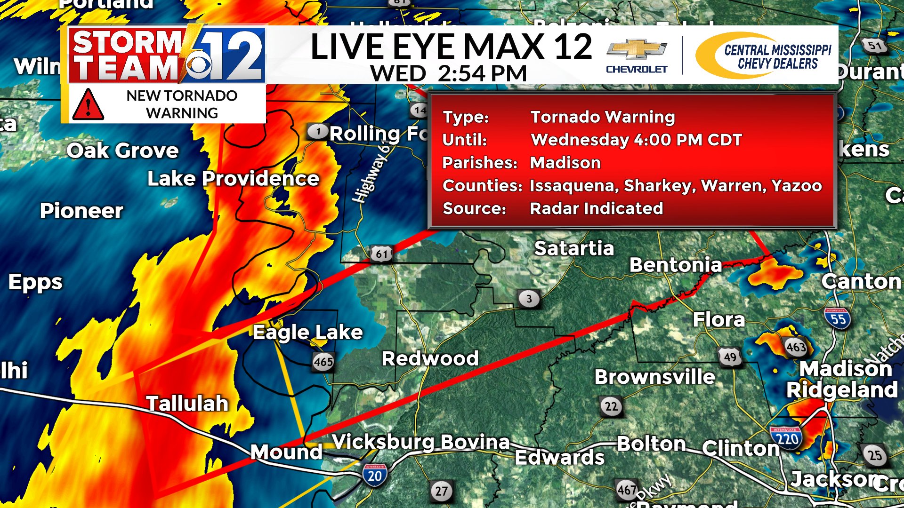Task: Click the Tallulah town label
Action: (187, 404)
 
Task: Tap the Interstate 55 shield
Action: (838, 318)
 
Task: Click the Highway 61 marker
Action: (381, 254)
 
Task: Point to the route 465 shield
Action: (323, 362)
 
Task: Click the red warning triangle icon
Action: (88, 104)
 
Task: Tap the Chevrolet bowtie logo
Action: (637, 49)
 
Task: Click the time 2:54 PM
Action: (482, 73)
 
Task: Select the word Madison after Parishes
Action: (565, 163)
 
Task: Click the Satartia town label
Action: (574, 248)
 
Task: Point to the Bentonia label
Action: (675, 265)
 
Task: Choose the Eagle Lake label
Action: (308, 332)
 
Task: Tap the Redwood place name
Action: (430, 358)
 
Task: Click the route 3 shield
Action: (529, 299)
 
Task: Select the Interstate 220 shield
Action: (787, 438)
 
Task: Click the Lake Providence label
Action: (233, 179)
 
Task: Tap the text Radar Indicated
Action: (597, 208)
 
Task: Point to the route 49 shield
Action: (730, 357)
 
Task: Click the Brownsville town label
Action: (654, 377)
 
